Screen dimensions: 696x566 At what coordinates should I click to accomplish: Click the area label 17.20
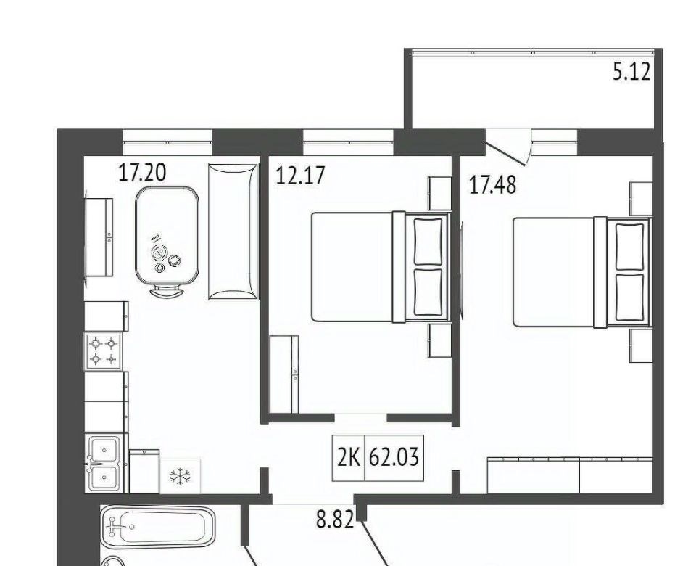(x=142, y=173)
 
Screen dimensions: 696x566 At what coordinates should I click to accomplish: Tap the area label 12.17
(x=300, y=175)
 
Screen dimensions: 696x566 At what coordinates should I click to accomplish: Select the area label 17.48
(x=493, y=185)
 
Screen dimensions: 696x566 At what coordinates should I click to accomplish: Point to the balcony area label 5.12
(x=631, y=71)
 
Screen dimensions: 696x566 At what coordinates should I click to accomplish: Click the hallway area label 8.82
(x=335, y=519)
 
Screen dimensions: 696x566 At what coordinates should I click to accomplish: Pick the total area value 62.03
(x=394, y=458)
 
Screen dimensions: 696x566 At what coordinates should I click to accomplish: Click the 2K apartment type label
(x=349, y=458)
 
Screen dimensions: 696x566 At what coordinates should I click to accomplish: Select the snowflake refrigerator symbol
(x=180, y=476)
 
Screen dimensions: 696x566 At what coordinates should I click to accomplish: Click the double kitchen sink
(x=103, y=463)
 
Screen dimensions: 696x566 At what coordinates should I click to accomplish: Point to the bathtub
(x=158, y=527)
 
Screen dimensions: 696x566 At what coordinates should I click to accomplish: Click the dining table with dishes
(x=167, y=235)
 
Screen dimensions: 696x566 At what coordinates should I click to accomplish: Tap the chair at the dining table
(x=167, y=292)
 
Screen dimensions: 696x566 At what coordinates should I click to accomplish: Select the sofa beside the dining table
(x=233, y=231)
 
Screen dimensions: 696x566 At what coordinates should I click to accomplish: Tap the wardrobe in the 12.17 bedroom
(x=284, y=374)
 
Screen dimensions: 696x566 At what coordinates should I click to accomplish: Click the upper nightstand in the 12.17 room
(x=439, y=193)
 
